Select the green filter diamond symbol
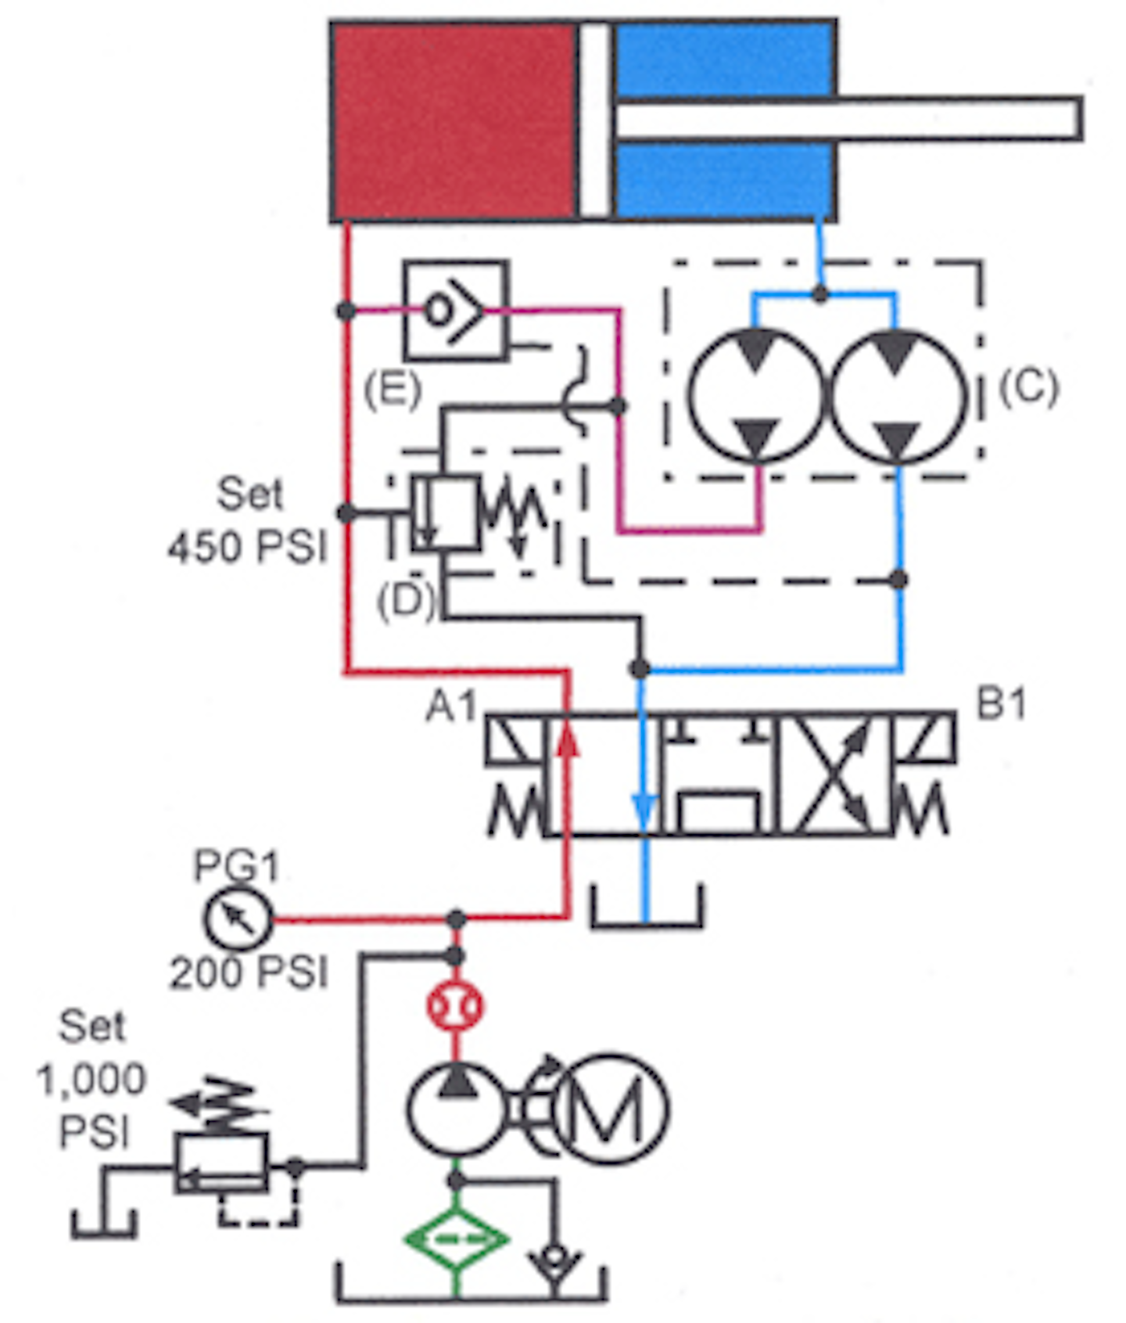click(x=457, y=1239)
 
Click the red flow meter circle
click(x=456, y=1007)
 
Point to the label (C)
click(x=1028, y=386)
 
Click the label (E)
click(x=392, y=389)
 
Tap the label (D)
click(x=405, y=600)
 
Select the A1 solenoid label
click(x=451, y=706)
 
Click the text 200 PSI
click(x=249, y=972)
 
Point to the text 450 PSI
click(x=247, y=546)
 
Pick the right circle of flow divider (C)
click(x=898, y=396)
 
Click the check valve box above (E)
click(x=455, y=311)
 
